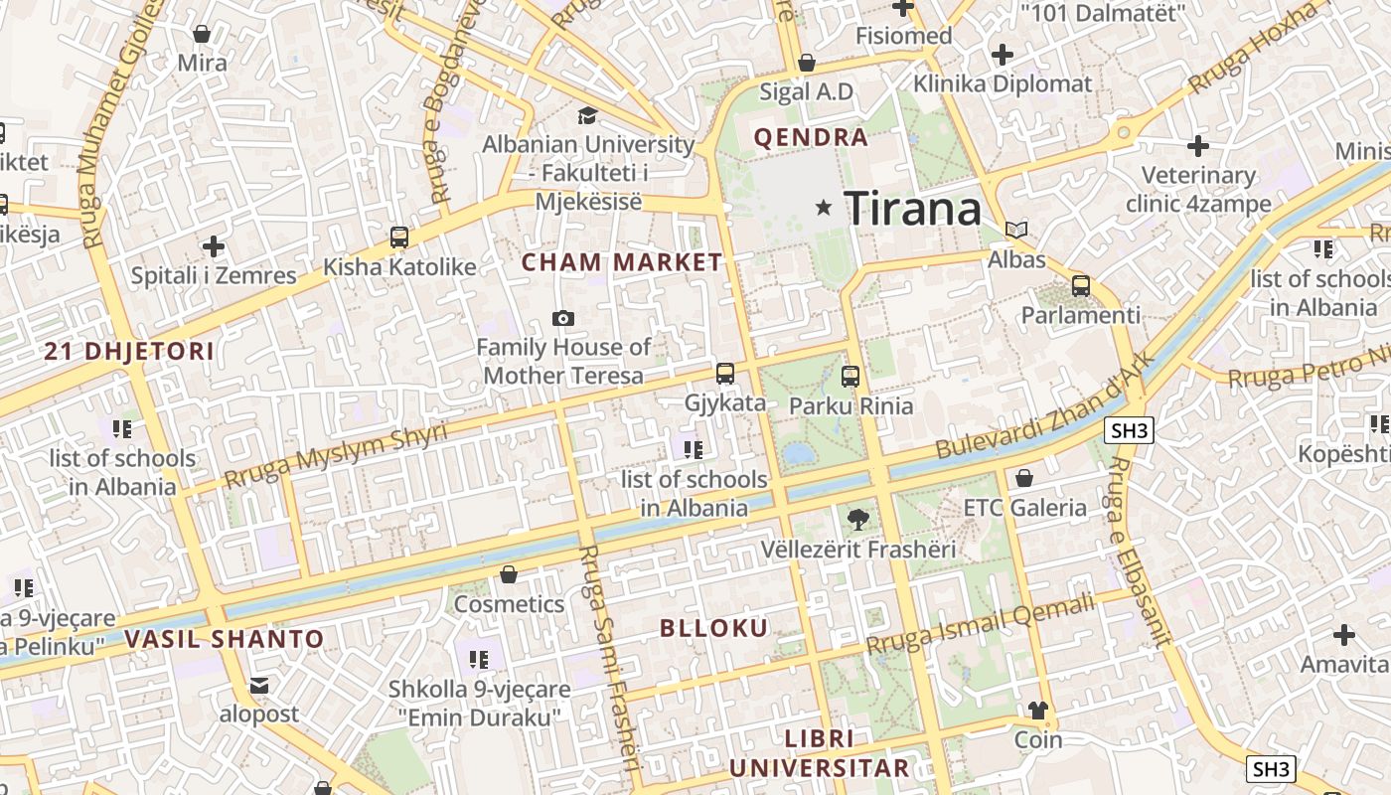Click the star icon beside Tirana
(x=823, y=208)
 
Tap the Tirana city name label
(x=913, y=209)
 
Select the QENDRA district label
(x=811, y=137)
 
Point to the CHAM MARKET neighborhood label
(x=622, y=262)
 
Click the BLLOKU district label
(x=714, y=628)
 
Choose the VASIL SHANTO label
(x=225, y=639)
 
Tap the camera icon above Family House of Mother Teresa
(x=563, y=318)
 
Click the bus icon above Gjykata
(x=725, y=374)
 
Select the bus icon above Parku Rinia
(x=850, y=377)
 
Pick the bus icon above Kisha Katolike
(x=399, y=238)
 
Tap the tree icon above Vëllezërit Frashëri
(x=857, y=519)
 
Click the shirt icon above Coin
(x=1038, y=710)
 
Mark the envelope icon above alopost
(x=259, y=686)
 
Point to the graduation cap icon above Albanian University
(x=587, y=115)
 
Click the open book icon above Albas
(x=1015, y=231)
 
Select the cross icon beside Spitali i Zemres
(x=214, y=245)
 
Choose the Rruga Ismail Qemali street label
(x=980, y=623)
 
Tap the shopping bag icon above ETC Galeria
(x=1024, y=478)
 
